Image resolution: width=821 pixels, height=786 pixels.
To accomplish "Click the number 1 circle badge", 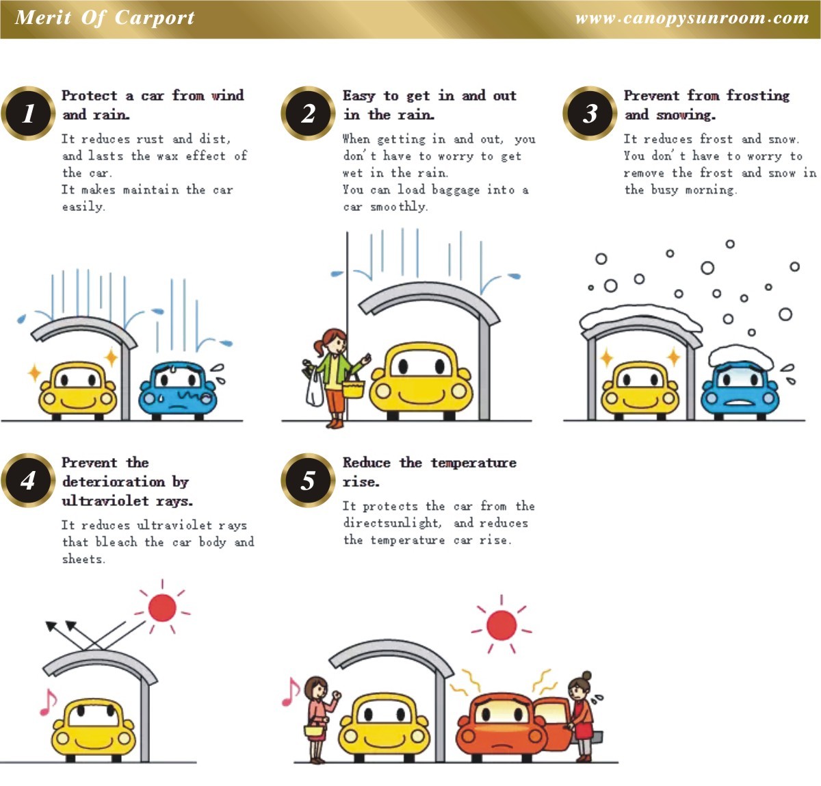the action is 28,113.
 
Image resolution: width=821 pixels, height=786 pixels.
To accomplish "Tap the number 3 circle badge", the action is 589,113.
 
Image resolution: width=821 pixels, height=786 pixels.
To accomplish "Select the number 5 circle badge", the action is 308,480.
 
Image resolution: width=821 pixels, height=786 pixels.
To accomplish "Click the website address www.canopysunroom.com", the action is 692,18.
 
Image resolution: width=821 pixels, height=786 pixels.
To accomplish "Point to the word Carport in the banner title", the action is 155,18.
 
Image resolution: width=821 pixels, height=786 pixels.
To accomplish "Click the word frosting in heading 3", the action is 758,96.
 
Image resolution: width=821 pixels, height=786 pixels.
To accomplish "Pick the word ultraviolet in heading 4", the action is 105,500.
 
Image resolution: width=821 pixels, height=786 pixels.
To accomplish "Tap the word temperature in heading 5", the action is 473,463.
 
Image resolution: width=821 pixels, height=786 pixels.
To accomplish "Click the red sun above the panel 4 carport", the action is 162,607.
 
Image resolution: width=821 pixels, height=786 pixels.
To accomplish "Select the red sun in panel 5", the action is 501,624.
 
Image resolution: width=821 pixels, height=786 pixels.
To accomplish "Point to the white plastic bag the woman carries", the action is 314,388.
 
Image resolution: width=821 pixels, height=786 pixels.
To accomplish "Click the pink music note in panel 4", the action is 48,702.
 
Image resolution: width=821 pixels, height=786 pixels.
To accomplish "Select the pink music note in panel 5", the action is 290,692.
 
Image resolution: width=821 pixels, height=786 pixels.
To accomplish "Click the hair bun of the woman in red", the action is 586,675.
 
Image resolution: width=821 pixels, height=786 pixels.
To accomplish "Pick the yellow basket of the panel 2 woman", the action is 354,389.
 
